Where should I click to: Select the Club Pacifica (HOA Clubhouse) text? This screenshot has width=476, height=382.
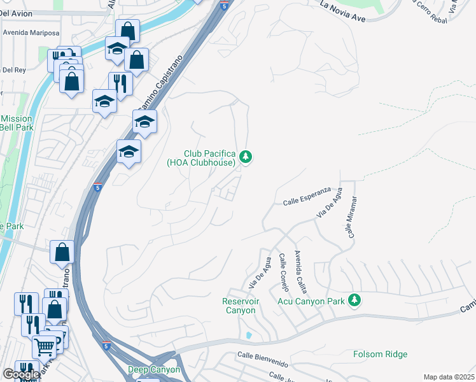pos(209,158)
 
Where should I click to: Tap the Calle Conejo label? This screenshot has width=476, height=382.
pos(283,272)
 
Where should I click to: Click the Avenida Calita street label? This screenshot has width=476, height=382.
pos(300,269)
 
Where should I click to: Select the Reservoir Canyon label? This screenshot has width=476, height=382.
pos(239,306)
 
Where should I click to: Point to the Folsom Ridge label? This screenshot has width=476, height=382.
pos(381,354)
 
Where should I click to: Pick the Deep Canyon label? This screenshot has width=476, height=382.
pos(154,369)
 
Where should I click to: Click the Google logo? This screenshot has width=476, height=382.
pos(21,374)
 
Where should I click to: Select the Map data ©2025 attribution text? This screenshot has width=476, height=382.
pos(449,377)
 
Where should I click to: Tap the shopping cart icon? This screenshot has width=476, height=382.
pos(44,346)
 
